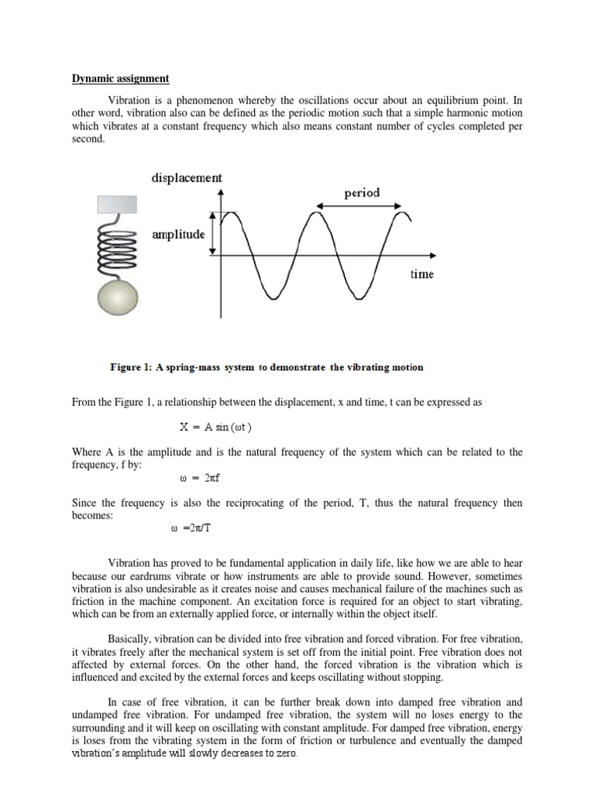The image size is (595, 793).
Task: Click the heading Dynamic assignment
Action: coord(120,78)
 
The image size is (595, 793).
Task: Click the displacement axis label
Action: coord(187,178)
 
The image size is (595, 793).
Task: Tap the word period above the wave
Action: coord(359,192)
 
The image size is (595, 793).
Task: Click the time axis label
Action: coord(422,274)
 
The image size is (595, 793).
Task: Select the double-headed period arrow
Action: coord(359,206)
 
